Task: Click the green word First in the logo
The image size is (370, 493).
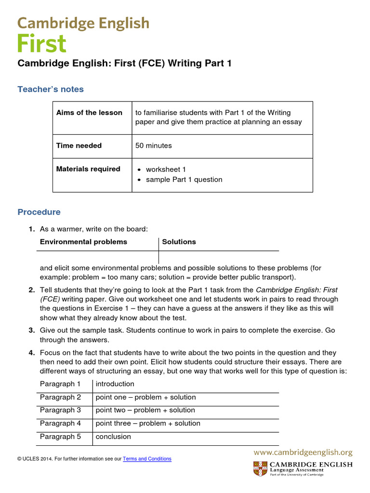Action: [42, 43]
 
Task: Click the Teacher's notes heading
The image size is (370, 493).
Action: [51, 89]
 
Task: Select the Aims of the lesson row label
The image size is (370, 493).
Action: [89, 113]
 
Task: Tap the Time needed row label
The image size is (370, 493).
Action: [79, 145]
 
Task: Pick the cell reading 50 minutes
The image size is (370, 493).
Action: [154, 145]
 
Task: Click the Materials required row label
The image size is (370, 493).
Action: [88, 169]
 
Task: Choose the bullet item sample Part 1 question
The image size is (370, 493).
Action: [184, 180]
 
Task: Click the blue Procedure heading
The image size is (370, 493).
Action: [39, 212]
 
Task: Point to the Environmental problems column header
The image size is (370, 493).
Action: [83, 242]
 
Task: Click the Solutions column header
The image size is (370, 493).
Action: [179, 242]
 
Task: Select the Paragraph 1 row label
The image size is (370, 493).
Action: [60, 384]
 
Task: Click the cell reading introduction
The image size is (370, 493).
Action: [115, 384]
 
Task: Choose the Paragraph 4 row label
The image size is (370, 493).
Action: [60, 423]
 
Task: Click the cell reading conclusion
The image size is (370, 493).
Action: [113, 437]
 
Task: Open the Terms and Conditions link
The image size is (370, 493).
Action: [147, 459]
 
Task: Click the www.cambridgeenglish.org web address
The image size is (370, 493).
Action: [303, 453]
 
